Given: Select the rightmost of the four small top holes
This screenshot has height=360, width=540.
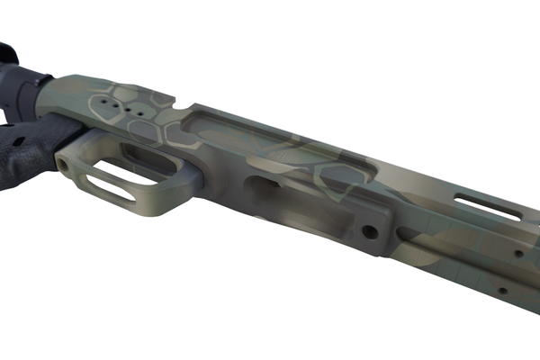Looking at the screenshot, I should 145,113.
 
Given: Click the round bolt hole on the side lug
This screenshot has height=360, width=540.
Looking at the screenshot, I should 369,231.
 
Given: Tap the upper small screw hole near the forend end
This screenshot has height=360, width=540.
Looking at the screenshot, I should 518,254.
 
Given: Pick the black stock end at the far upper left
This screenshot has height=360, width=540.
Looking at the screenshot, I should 7,54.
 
